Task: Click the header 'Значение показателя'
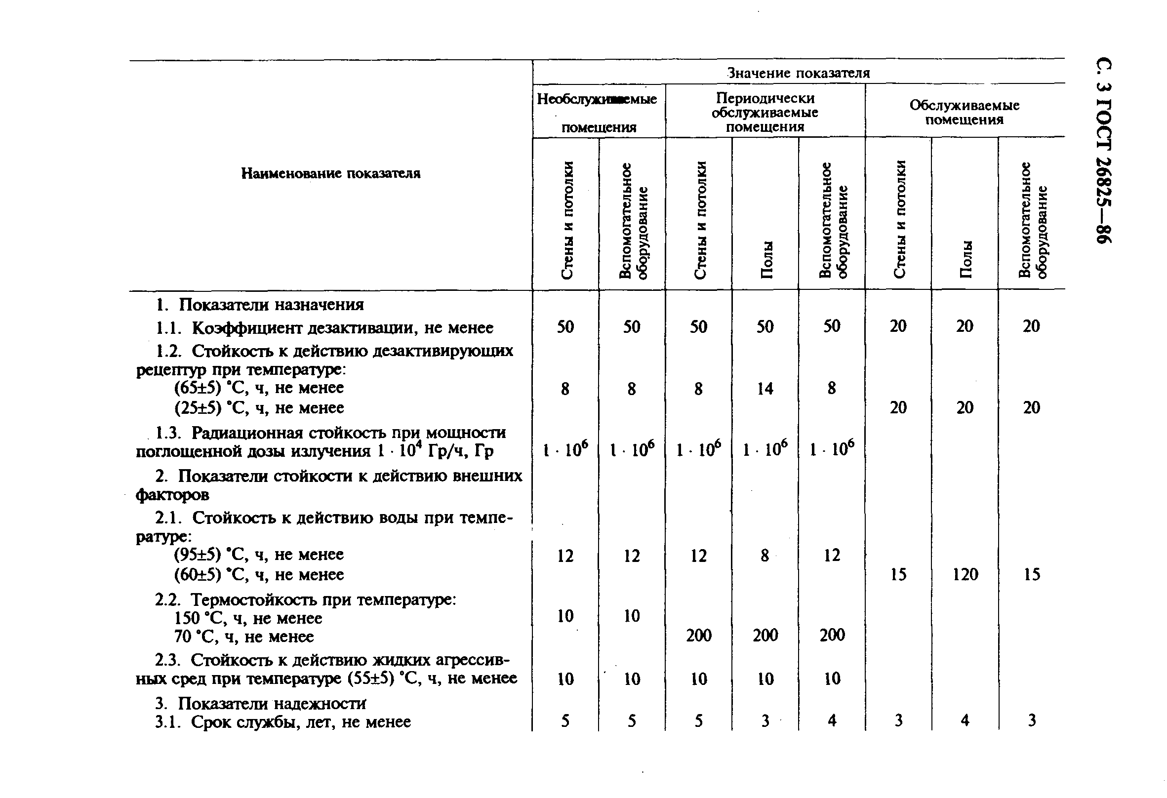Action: (799, 73)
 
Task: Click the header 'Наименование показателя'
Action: (331, 174)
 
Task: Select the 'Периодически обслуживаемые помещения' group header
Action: (765, 112)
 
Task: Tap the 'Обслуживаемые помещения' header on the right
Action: (964, 113)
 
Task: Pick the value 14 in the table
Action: (765, 388)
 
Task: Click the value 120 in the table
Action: (965, 574)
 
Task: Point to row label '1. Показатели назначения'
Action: (260, 305)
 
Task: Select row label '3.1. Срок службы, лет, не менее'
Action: (282, 721)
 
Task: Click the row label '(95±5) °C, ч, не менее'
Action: (259, 555)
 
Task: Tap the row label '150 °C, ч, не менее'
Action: (248, 618)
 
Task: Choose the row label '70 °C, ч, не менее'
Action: (244, 637)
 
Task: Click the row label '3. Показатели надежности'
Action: (260, 704)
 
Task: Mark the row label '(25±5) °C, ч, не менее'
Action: (259, 407)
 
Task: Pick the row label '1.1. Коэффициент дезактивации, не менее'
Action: (324, 328)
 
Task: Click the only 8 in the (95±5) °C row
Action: (765, 555)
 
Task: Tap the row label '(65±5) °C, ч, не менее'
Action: (259, 388)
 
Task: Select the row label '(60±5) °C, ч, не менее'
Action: (259, 574)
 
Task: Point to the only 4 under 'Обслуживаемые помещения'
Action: (965, 720)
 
